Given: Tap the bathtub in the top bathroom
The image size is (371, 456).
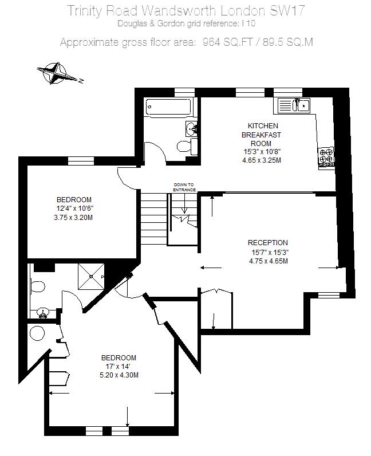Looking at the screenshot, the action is coord(169,107).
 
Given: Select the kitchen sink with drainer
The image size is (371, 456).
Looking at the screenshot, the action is coord(294,105).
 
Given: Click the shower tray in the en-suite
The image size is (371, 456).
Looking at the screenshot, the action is coord(91,277).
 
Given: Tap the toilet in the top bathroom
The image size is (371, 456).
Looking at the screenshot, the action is coord(187,146).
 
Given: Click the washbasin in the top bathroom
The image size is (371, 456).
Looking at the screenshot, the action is coord(191,129).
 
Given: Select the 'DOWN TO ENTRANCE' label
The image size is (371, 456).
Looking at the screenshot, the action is coord(184,187).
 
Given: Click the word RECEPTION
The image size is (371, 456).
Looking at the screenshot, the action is coord(268,243).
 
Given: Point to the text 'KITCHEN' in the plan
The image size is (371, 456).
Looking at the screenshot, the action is coord(263,126).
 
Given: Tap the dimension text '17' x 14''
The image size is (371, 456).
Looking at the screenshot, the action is coord(118,367).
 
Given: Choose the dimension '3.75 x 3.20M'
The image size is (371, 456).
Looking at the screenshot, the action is coord(73,218).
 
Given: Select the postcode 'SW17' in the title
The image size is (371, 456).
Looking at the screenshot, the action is coord(287,11).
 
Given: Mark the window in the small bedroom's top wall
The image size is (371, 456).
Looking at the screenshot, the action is coord(81,161).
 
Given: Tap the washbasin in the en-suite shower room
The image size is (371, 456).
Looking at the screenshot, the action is coord(43,313).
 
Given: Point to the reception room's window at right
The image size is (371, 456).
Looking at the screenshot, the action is coord(329,296).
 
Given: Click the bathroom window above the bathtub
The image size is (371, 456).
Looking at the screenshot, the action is coord(184,92).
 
